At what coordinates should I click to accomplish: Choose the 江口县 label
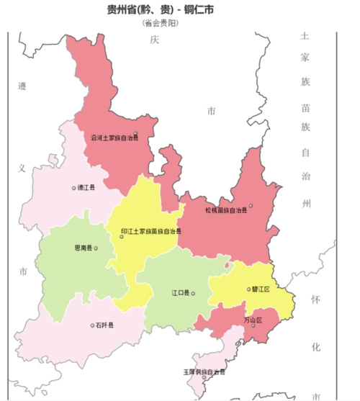click(180, 294)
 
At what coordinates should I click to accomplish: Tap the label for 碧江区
click(261, 289)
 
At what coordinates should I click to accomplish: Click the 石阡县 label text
click(104, 325)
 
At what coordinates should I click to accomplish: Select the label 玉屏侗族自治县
click(204, 372)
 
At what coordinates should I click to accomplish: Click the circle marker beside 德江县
click(73, 188)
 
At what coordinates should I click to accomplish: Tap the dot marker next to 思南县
click(96, 248)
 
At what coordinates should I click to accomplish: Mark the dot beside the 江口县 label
click(193, 294)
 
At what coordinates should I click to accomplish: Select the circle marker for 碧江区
click(248, 289)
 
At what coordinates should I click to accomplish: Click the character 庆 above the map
click(153, 40)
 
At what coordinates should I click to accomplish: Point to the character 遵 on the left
click(22, 86)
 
